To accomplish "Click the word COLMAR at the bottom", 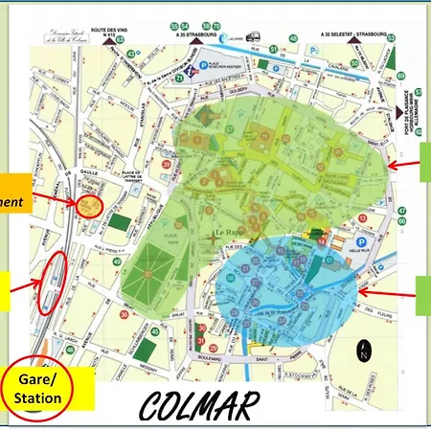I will point(199,406).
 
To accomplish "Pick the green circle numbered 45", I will point(154,333).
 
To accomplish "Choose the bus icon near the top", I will point(254,36).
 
